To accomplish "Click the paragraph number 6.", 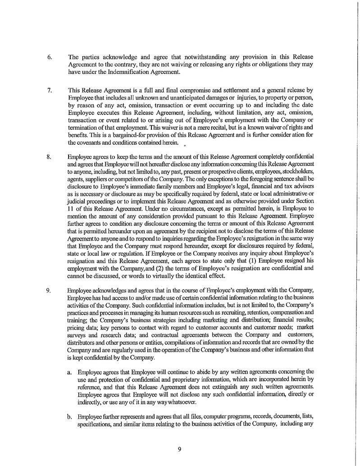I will tap(50, 58).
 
